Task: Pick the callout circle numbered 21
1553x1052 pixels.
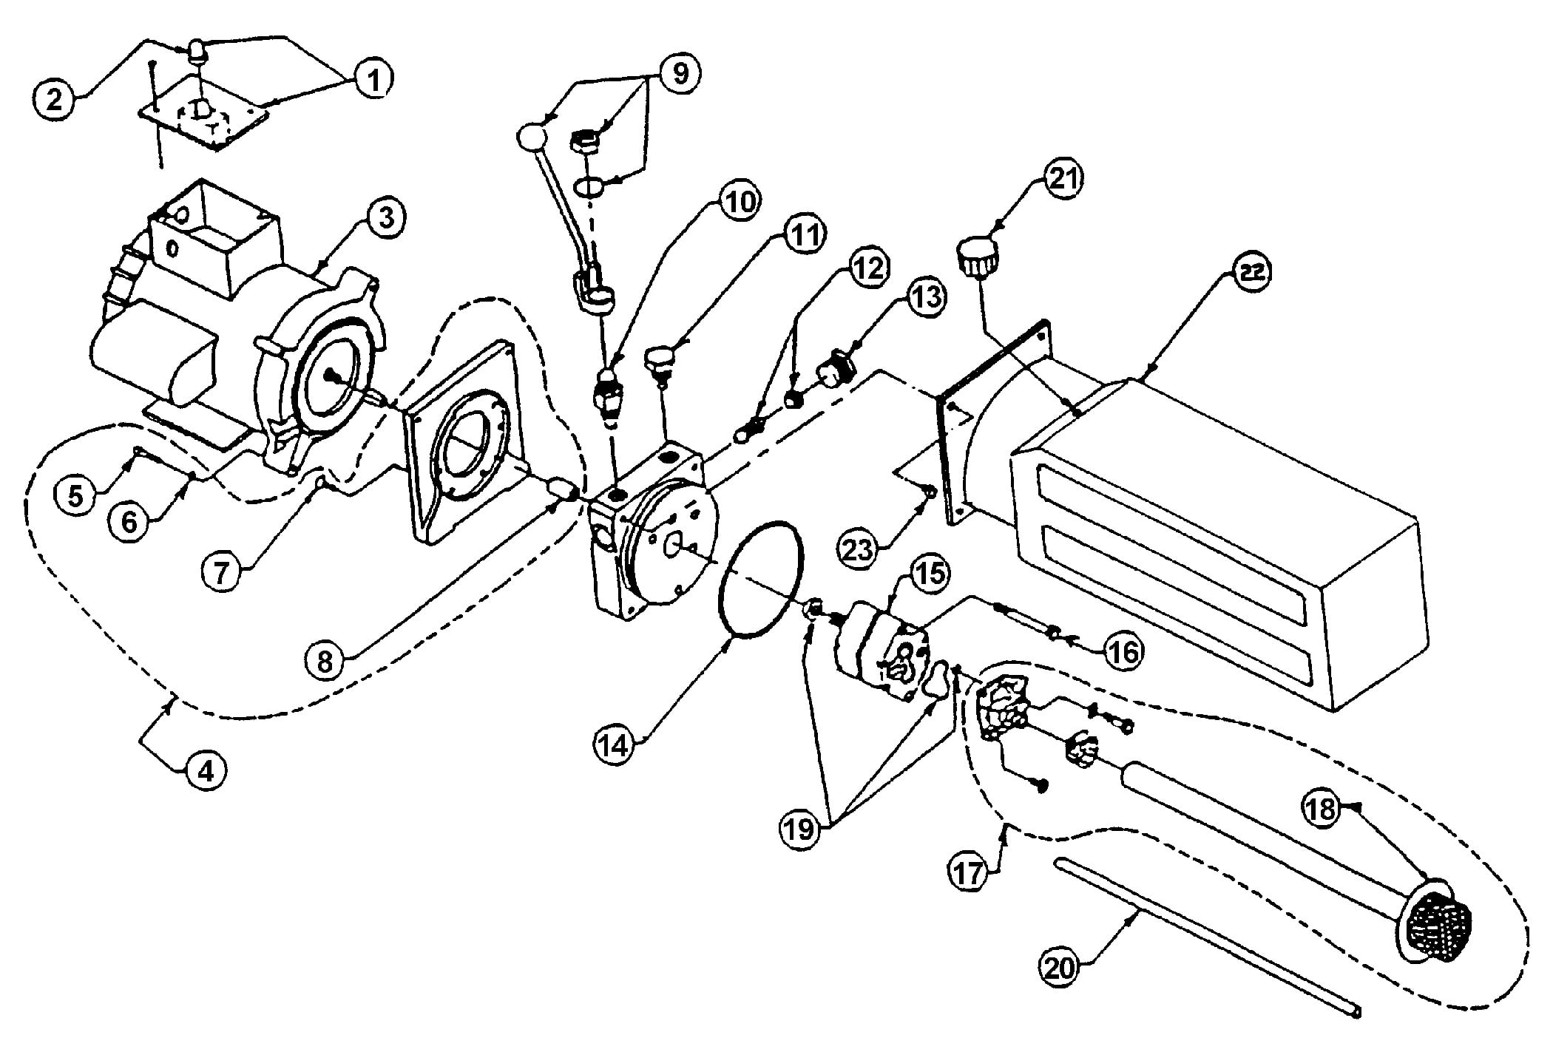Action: click(1063, 180)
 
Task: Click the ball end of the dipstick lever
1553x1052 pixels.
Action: click(532, 136)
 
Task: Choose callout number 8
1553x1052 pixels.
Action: click(326, 660)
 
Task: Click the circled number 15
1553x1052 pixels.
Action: click(930, 574)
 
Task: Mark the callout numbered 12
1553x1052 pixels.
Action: click(870, 269)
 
